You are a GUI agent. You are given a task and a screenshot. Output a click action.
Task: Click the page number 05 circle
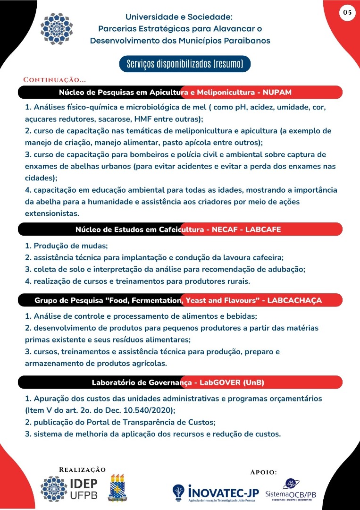(x=347, y=13)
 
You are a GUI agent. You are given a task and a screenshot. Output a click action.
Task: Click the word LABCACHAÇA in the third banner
(x=295, y=300)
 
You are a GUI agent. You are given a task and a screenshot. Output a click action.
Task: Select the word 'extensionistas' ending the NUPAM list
(x=51, y=213)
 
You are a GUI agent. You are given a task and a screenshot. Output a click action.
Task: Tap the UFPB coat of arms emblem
(x=118, y=488)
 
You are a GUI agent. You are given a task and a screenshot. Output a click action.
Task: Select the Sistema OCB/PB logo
(x=291, y=491)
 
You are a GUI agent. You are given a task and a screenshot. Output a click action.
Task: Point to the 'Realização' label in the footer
(x=83, y=469)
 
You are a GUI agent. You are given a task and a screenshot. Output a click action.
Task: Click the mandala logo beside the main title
(x=57, y=29)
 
